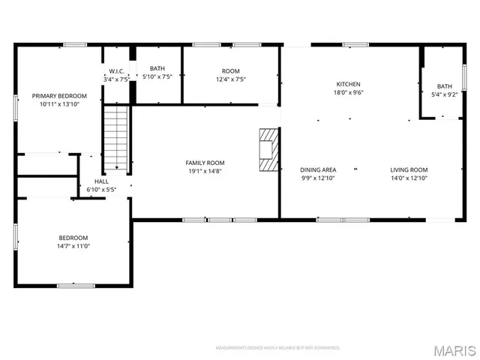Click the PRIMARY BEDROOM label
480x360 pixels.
[58, 96]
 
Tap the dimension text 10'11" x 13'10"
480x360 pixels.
[58, 104]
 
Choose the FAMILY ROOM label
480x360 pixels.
[205, 163]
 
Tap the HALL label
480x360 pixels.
[100, 181]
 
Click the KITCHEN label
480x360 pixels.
[348, 84]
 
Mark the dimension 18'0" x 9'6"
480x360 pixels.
[348, 93]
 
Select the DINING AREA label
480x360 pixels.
[318, 169]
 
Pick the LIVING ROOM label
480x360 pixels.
[409, 169]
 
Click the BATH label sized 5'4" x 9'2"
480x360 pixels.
[445, 86]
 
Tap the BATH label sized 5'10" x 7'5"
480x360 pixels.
[157, 68]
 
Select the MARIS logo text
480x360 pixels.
[454, 349]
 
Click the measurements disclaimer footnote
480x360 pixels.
[277, 348]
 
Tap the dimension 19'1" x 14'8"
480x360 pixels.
[205, 171]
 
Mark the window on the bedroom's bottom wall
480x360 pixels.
[76, 285]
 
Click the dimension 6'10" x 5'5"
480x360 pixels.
[100, 190]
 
